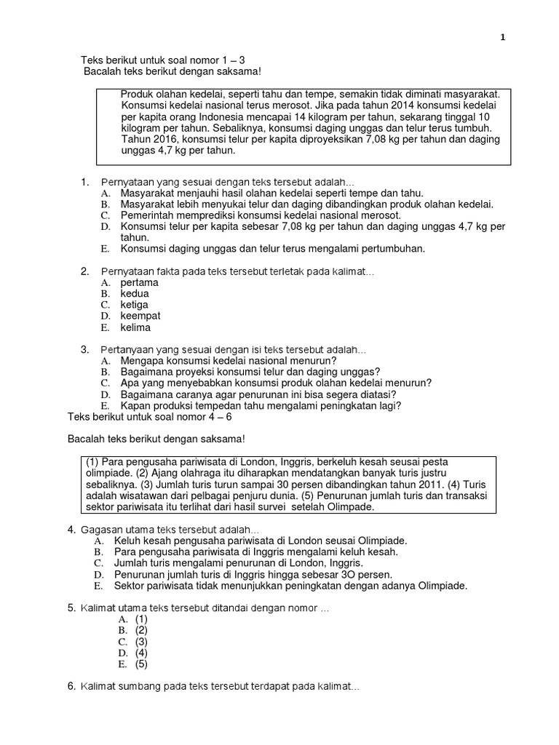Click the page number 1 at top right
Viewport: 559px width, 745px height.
502,39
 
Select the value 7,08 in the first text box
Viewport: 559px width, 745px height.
380,139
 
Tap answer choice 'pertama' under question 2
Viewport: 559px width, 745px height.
139,282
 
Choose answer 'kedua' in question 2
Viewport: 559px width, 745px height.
135,294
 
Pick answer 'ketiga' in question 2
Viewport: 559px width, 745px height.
135,305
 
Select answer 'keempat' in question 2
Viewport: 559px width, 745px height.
140,316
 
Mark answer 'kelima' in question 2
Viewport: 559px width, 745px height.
135,327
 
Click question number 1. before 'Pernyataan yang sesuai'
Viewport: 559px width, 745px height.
84,181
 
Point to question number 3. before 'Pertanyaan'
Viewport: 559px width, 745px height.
84,349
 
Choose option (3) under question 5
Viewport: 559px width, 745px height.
141,642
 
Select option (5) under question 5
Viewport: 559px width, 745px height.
141,664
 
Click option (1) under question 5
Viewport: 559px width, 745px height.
141,619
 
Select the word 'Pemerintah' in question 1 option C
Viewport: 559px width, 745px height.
146,215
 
